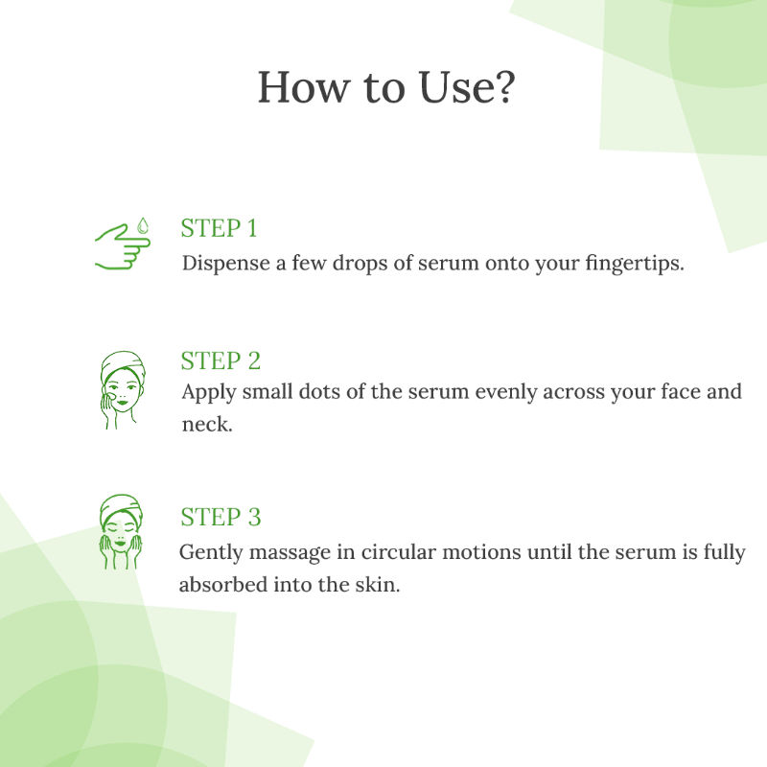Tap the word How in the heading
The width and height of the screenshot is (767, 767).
304,87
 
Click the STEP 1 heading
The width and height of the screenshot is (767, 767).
219,228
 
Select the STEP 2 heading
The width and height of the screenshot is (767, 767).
221,361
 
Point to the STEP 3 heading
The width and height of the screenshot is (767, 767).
221,517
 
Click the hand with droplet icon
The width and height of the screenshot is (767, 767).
123,244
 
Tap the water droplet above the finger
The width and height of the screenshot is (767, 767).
142,225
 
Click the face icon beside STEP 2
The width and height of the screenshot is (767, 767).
123,390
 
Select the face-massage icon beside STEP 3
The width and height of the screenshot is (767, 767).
121,532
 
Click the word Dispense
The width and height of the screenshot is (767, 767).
226,264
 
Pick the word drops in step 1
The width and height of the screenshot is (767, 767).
360,264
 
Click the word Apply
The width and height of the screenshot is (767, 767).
209,392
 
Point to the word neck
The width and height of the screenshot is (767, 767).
206,424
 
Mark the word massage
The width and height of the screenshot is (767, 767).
290,553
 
